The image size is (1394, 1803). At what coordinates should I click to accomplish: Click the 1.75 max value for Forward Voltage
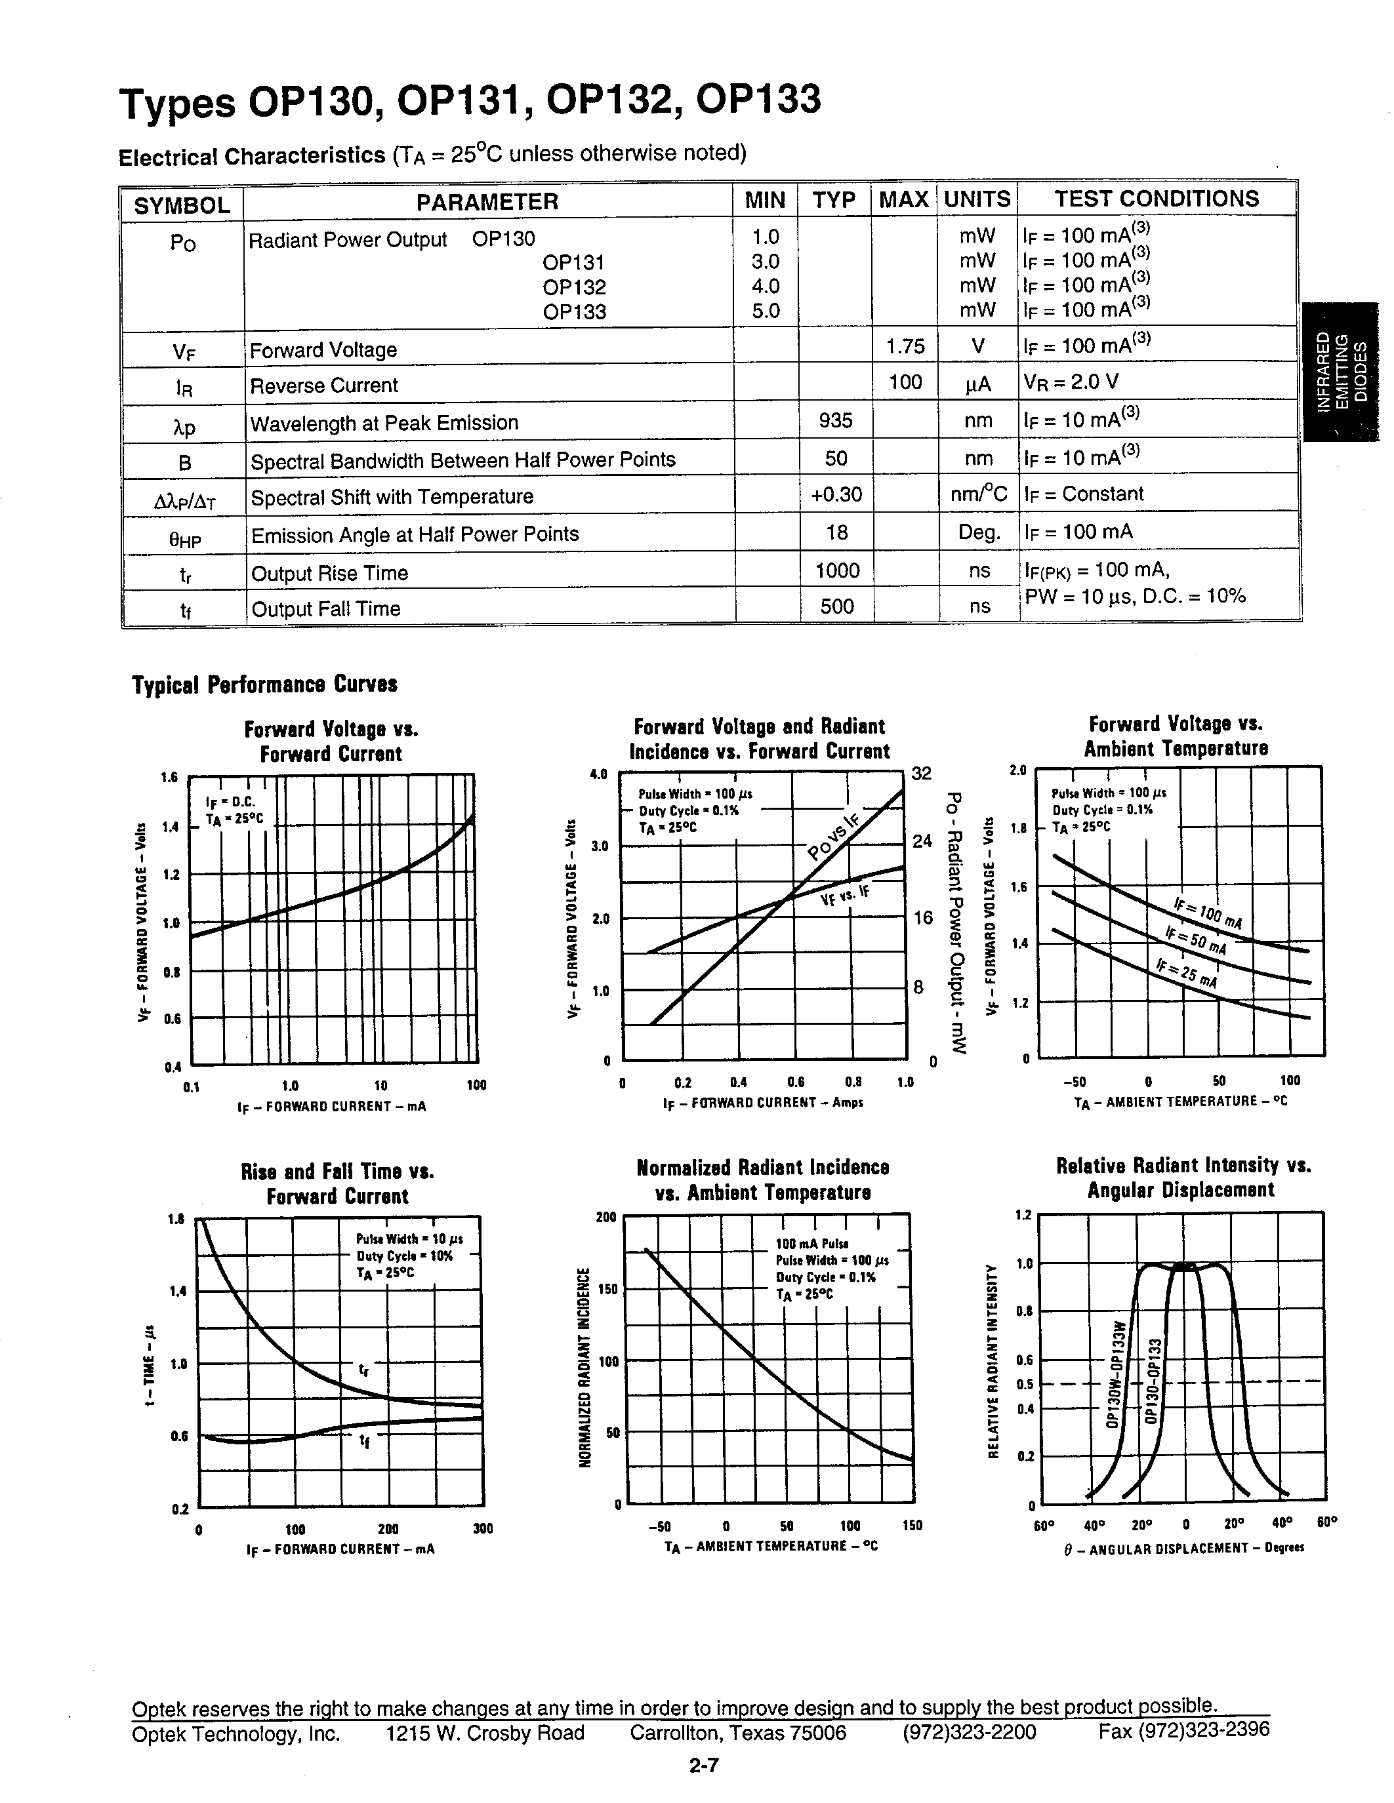coord(905,346)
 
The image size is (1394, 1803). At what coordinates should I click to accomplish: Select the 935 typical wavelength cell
coord(835,420)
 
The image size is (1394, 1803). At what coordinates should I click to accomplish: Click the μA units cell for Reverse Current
coord(978,384)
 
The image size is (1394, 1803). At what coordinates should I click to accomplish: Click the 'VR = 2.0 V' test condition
coord(1071,382)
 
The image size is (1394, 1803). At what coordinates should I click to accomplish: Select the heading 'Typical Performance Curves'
coord(264,684)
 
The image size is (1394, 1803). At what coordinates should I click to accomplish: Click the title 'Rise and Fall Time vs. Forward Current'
coord(337,1184)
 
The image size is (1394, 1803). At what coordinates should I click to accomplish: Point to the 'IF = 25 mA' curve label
coord(1187,974)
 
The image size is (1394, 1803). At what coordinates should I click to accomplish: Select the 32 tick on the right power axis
coord(921,774)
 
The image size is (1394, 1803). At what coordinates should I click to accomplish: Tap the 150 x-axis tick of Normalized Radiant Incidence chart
coord(912,1526)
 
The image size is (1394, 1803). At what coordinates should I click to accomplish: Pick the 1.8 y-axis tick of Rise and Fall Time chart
coord(175,1218)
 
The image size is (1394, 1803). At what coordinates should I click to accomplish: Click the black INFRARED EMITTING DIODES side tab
coord(1340,372)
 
